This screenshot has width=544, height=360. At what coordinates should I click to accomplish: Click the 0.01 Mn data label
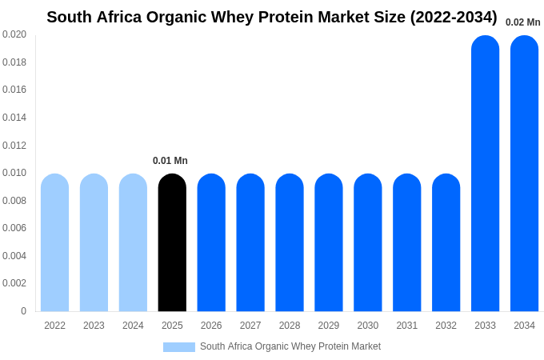point(170,161)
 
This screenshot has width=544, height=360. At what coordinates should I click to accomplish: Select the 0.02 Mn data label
point(522,22)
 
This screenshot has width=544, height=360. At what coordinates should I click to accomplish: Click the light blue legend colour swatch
point(178,347)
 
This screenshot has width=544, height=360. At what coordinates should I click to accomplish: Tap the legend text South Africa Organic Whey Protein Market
point(290,346)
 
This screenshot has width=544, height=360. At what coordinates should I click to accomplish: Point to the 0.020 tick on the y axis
point(14,34)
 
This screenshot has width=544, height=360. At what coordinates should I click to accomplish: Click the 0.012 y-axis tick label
point(14,145)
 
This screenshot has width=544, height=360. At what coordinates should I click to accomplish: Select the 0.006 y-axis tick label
point(14,228)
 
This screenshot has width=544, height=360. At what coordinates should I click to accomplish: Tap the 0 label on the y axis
point(23,311)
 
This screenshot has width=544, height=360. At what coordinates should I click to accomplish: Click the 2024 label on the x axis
point(133,326)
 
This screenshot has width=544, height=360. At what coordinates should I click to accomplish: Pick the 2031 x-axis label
point(406,326)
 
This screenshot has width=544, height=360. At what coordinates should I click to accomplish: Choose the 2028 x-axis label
point(290,326)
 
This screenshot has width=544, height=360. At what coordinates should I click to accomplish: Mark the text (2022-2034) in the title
point(453,17)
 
